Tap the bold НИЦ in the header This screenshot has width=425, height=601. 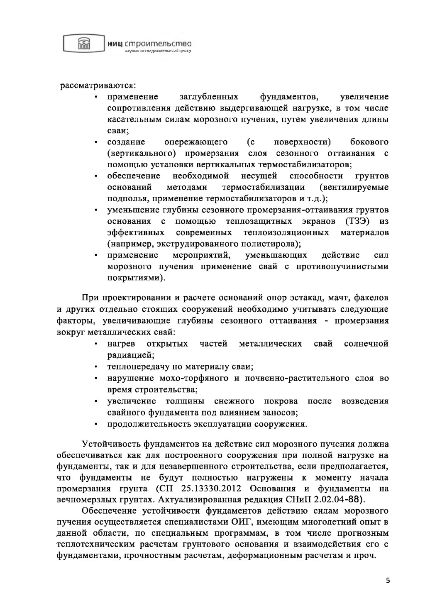click(114, 43)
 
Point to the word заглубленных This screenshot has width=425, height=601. click(209, 97)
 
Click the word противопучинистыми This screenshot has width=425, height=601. click(342, 266)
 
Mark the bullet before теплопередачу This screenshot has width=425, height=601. click(96, 367)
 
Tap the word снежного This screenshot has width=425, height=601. click(234, 401)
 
